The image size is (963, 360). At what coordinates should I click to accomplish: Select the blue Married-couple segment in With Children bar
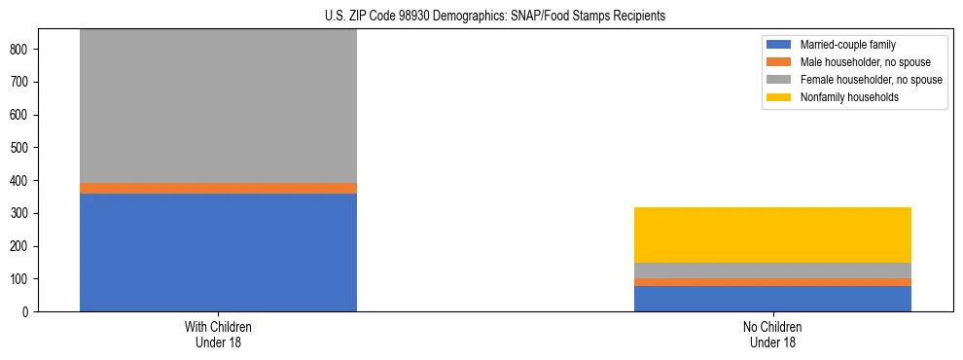pos(218,252)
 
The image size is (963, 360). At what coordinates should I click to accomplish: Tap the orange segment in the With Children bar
pos(218,188)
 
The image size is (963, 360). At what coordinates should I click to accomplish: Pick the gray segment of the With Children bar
pos(218,106)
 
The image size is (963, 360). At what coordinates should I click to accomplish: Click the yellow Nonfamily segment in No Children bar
pos(772,234)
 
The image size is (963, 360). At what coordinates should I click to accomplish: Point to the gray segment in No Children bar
pos(772,270)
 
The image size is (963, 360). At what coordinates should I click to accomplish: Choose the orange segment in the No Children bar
pos(772,282)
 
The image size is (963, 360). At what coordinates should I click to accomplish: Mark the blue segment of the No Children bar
pos(772,299)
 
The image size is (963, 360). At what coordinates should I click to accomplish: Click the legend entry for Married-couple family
pos(847,45)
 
